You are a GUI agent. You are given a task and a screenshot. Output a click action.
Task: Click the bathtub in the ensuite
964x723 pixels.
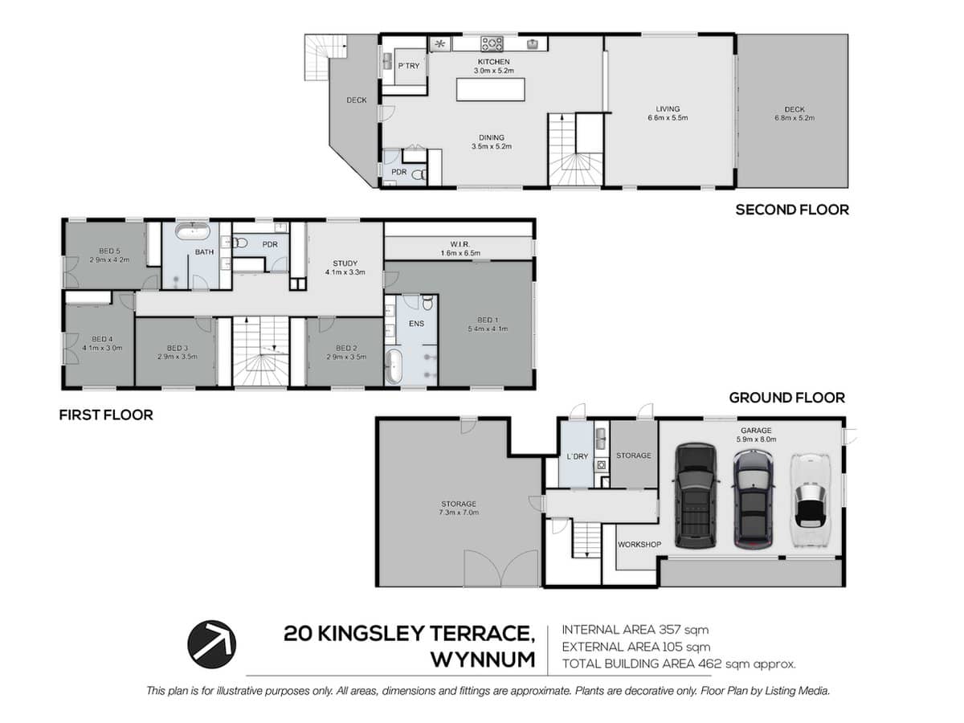click(396, 366)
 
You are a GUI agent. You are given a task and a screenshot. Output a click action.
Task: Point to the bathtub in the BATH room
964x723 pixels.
click(193, 235)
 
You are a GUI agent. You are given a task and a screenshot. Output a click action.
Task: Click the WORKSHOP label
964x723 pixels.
click(639, 545)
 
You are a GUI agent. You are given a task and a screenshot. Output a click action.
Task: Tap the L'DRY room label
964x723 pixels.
click(578, 456)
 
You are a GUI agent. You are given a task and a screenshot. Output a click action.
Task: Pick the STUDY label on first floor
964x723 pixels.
click(345, 263)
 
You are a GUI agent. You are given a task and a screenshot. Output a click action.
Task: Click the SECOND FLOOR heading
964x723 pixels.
click(792, 210)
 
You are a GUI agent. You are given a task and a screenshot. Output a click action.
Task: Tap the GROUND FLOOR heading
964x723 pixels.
click(786, 398)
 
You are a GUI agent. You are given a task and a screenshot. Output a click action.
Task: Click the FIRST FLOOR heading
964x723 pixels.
click(106, 415)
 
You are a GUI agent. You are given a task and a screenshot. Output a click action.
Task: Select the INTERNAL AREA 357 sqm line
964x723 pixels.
click(635, 630)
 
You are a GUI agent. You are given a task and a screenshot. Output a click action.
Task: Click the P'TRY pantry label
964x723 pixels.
click(409, 67)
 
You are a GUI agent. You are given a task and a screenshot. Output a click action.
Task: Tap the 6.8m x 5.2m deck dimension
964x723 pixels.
click(794, 118)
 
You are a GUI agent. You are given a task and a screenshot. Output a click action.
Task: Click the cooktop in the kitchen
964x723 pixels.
click(492, 43)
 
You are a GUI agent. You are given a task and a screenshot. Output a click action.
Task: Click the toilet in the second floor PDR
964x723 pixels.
click(418, 174)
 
